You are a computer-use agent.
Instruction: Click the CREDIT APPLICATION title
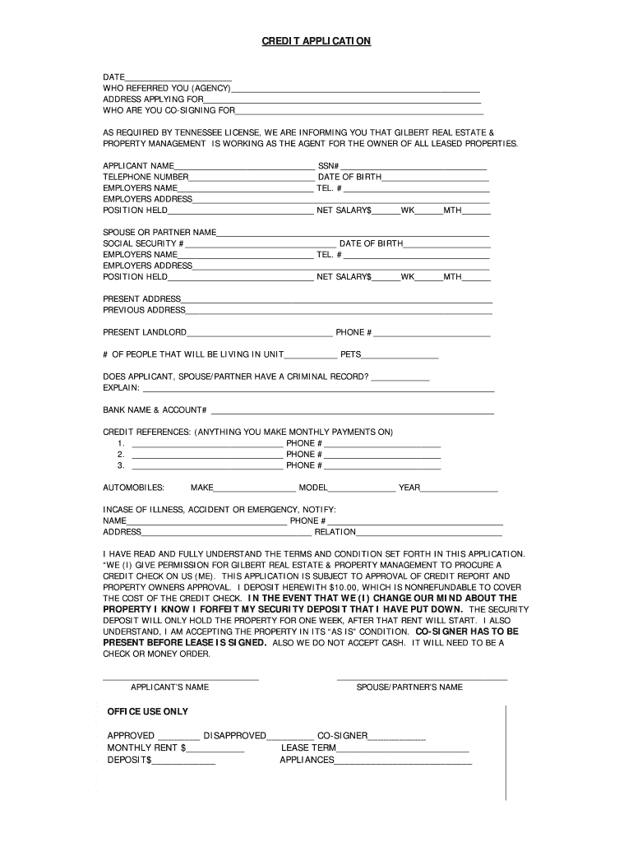click(x=316, y=40)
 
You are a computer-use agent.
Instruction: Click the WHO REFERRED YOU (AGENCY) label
click(x=166, y=88)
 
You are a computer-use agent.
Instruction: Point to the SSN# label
click(x=329, y=166)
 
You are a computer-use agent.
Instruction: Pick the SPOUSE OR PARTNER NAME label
click(x=159, y=233)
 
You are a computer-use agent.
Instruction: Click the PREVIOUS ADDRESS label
click(x=144, y=310)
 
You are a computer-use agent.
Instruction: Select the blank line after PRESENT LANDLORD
click(x=259, y=333)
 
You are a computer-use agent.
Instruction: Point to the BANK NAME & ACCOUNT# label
click(x=155, y=409)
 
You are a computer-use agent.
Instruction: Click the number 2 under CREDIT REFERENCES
click(x=121, y=454)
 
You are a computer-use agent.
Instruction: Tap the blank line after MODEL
click(x=362, y=488)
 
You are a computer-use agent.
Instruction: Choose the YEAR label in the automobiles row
click(x=409, y=488)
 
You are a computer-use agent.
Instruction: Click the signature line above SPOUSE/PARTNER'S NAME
click(x=422, y=679)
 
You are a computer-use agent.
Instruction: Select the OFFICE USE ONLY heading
click(x=148, y=711)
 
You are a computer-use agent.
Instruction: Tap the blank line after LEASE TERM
click(x=403, y=749)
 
